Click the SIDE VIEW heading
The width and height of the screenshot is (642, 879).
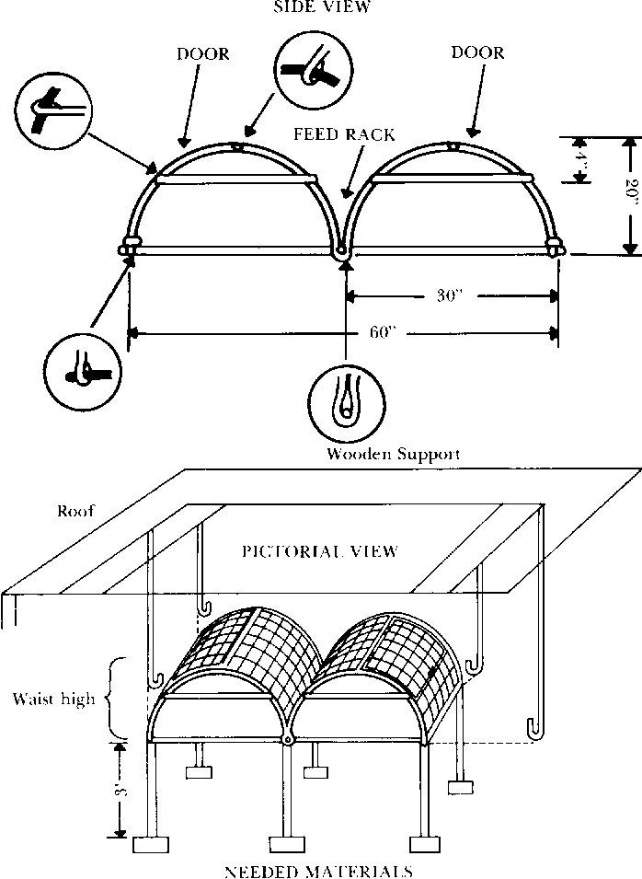(320, 7)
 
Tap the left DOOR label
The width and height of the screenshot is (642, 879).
(202, 54)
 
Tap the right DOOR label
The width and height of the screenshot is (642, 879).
(477, 52)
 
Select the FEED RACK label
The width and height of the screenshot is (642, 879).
(344, 134)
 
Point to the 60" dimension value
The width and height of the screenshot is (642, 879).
(384, 332)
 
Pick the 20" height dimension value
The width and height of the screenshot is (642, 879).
(629, 195)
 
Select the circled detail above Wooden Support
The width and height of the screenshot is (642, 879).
(345, 402)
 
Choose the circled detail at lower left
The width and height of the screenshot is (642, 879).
(83, 370)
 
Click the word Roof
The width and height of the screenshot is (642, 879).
(76, 511)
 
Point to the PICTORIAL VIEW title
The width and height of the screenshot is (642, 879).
(319, 551)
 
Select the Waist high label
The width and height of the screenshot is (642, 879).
(53, 700)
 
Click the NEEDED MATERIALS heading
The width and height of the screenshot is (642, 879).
(318, 870)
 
